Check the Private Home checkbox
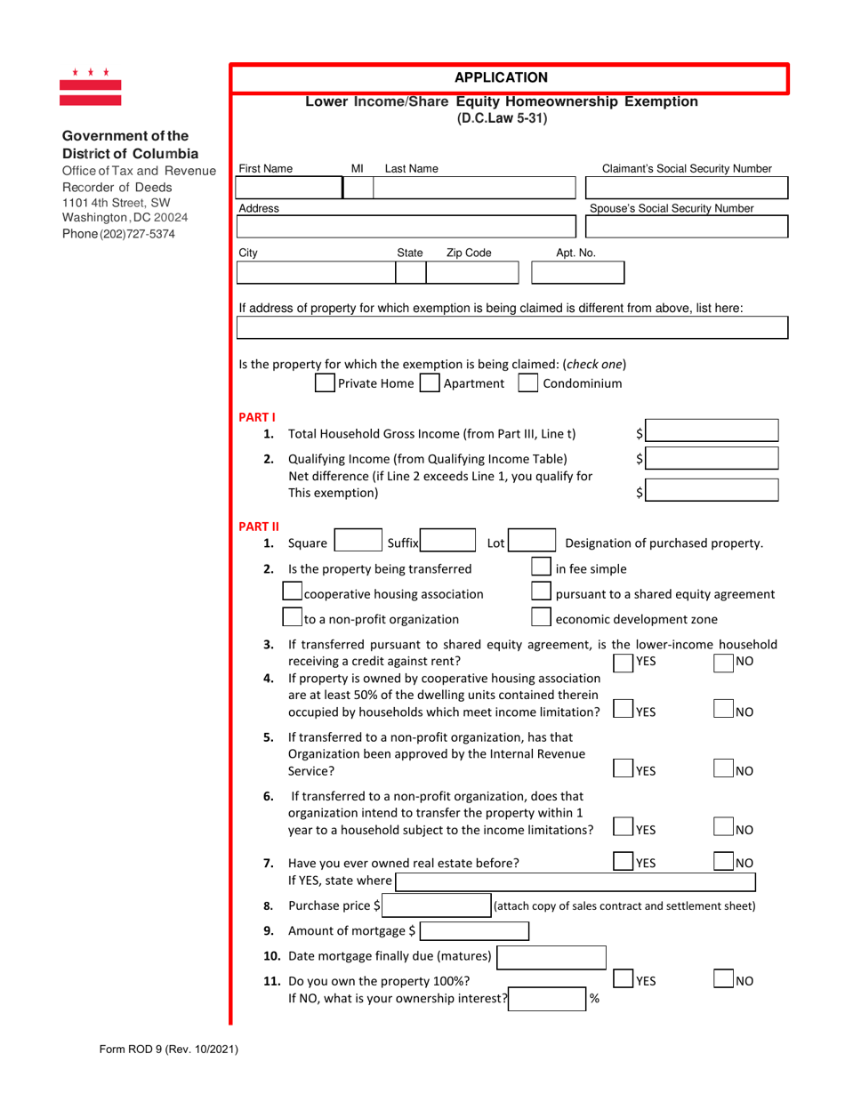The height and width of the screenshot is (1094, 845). click(326, 384)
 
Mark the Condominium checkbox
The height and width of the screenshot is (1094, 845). click(528, 384)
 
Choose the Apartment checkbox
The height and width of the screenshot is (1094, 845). click(430, 384)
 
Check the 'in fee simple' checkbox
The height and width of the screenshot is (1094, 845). click(540, 568)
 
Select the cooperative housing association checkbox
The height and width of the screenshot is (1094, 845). click(292, 593)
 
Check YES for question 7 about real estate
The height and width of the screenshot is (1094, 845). click(624, 861)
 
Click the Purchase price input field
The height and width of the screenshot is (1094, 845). click(435, 906)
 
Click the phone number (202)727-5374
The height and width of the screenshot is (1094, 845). click(118, 234)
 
